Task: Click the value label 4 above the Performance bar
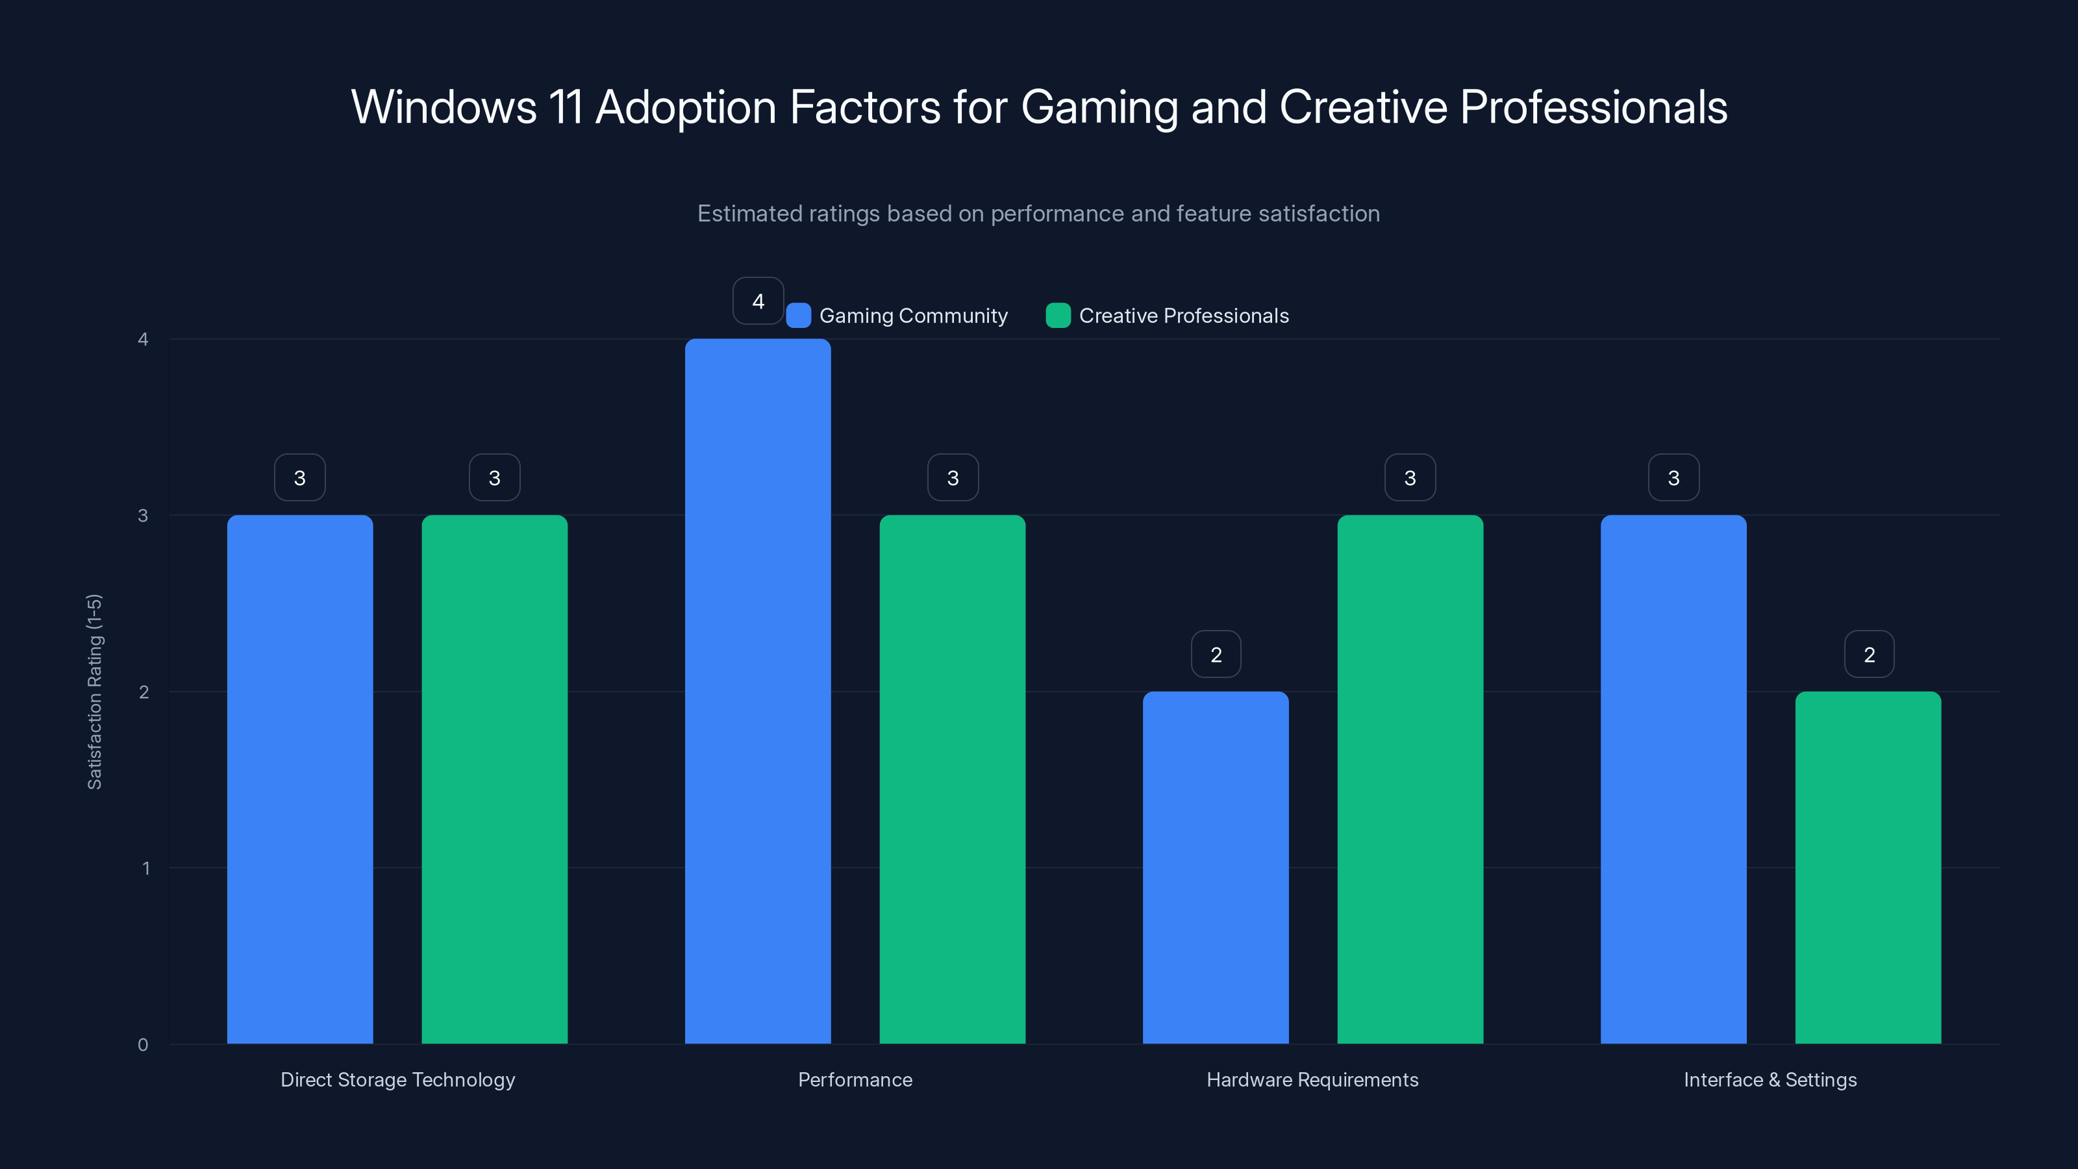757,301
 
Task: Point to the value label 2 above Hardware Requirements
1216,654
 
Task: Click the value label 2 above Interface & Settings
1869,654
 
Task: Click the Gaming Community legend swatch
799,316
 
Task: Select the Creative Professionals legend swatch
1058,316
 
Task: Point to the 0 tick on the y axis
143,1045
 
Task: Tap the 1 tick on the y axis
146,868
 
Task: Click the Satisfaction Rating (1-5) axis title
94,692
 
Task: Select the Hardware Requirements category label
1312,1079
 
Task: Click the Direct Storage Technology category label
397,1079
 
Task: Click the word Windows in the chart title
444,107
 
